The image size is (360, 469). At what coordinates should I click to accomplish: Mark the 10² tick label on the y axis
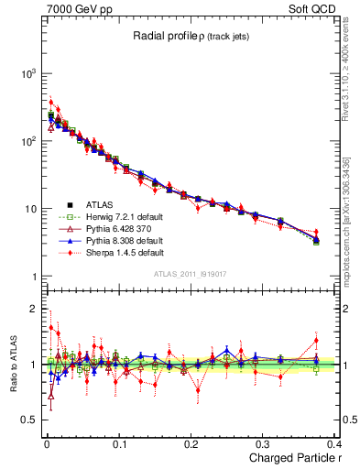pos(30,141)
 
